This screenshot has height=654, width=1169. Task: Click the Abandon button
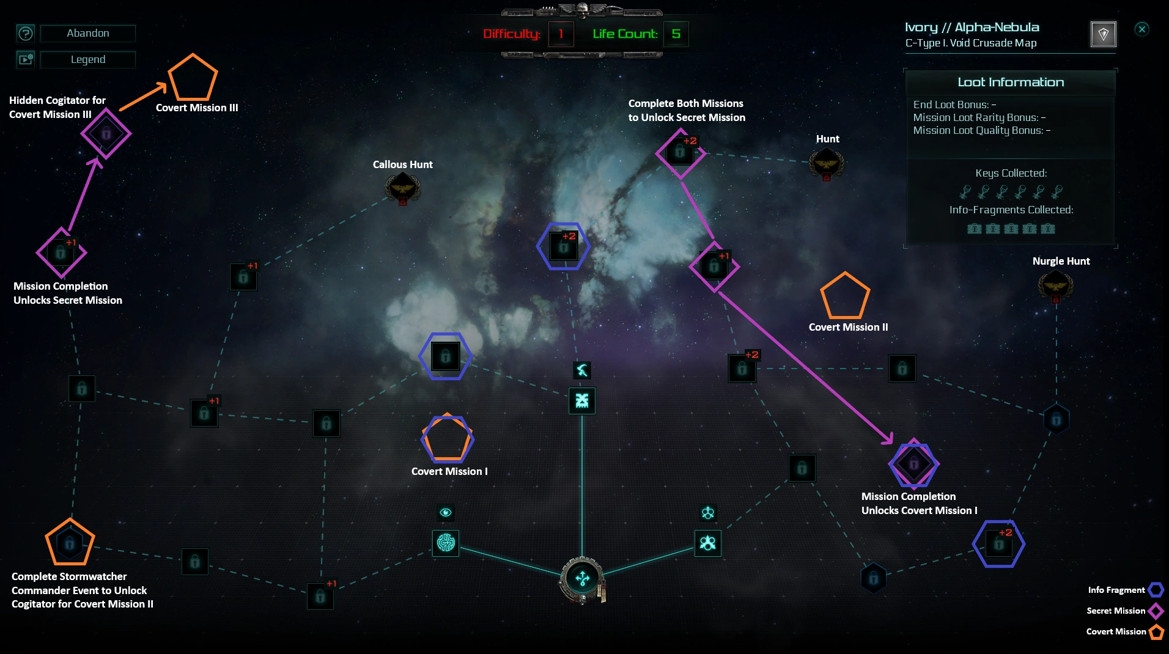coord(87,34)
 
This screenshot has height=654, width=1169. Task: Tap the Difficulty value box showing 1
coord(561,34)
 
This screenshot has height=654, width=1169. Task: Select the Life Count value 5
coord(676,34)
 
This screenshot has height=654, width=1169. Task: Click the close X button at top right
coord(1141,29)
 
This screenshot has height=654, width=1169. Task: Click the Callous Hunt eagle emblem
coord(402,187)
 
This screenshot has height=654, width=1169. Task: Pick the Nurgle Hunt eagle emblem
coord(1055,285)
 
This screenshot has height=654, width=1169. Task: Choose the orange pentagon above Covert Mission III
coord(193,78)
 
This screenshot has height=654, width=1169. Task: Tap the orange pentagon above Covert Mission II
coord(844,296)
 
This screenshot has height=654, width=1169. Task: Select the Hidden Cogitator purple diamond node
coord(106,133)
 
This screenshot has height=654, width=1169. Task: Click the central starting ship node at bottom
coord(582,578)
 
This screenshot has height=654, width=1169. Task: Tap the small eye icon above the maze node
coord(446,512)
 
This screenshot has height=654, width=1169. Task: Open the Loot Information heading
coord(1010,83)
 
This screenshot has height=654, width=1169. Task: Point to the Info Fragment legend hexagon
coord(1156,590)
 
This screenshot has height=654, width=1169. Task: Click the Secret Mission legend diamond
coord(1156,611)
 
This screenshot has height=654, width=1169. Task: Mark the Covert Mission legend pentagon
coord(1156,632)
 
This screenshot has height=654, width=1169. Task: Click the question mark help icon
coord(26,34)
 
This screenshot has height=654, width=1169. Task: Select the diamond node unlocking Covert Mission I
coord(913,464)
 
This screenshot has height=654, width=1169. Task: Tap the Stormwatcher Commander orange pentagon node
coord(70,543)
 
